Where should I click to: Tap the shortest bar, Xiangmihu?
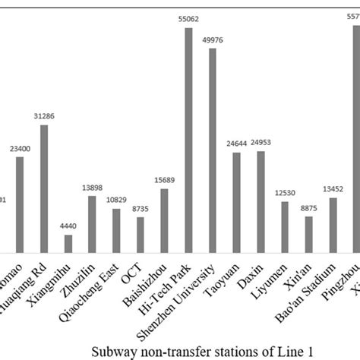(68, 243)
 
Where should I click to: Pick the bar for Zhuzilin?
(92, 224)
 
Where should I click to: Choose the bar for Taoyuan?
(236, 202)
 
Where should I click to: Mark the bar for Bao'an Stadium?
(333, 225)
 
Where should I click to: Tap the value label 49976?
(213, 39)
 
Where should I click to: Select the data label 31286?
(43, 115)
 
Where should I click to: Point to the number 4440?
(68, 226)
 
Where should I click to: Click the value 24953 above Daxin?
(261, 142)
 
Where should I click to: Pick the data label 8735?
(140, 207)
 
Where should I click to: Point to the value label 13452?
(333, 189)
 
